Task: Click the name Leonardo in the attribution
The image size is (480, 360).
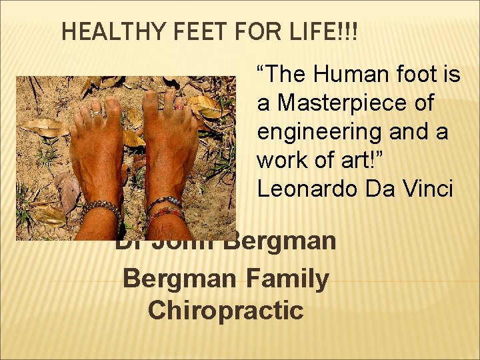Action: pyautogui.click(x=307, y=189)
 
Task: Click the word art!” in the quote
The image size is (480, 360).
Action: pyautogui.click(x=352, y=161)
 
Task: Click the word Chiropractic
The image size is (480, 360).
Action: pyautogui.click(x=225, y=309)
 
